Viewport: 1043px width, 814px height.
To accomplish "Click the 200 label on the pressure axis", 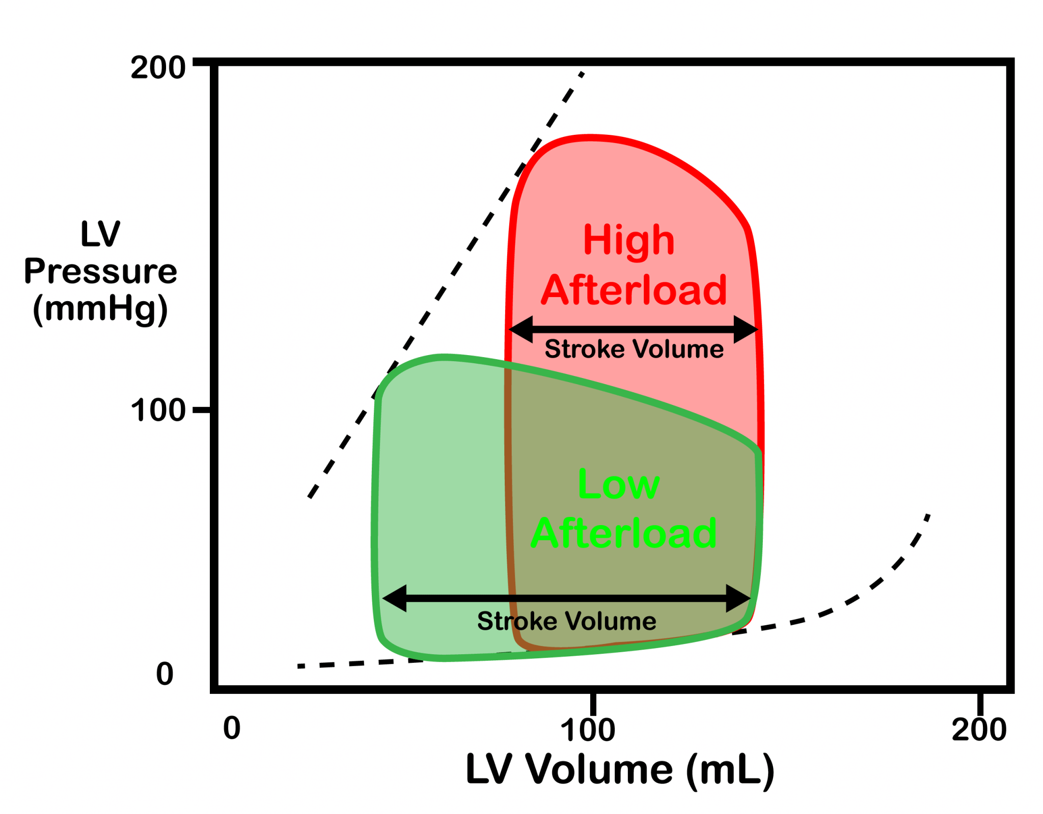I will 158,68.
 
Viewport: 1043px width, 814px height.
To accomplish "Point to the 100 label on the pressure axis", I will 158,410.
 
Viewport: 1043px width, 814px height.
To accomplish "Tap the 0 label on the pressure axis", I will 164,674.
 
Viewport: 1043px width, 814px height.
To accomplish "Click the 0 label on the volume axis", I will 232,728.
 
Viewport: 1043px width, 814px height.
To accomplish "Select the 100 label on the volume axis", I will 588,730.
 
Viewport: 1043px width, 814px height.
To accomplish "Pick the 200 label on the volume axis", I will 979,730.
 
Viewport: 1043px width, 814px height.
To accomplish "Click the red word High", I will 629,240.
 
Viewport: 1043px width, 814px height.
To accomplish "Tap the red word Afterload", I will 634,290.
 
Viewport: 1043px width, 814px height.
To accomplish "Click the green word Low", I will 619,484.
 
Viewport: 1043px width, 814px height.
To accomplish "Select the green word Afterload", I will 624,533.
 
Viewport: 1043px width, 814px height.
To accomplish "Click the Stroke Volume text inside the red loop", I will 634,350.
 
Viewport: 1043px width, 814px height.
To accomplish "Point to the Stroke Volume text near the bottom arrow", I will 566,621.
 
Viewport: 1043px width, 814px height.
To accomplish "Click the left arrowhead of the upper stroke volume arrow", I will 521,329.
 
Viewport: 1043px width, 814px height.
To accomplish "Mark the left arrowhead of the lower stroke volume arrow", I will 395,598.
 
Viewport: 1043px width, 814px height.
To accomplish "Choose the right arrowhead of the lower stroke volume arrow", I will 738,598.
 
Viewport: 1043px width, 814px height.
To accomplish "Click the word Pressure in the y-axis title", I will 100,271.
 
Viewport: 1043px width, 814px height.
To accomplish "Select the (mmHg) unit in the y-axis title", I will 100,308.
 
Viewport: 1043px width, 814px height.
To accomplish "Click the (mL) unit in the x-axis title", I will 730,770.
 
